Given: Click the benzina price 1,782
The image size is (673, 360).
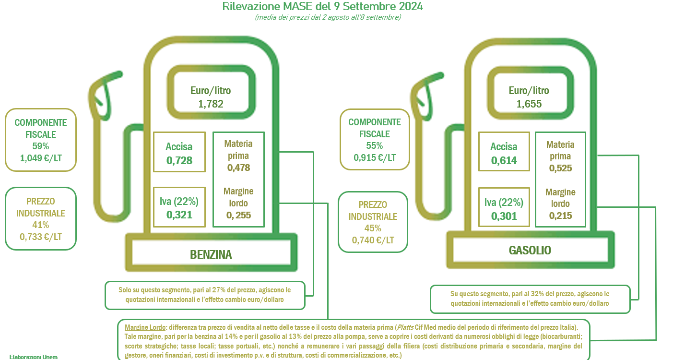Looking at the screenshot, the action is tap(211, 104).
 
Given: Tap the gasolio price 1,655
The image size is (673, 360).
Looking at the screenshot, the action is tap(529, 104).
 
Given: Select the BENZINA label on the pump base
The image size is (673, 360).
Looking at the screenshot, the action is tap(211, 255).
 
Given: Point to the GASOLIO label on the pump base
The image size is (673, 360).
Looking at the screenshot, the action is tap(530, 250).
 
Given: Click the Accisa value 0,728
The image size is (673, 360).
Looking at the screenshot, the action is tap(179, 161).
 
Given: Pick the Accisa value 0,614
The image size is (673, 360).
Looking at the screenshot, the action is tap(504, 161).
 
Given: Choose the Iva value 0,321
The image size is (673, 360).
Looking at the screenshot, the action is tap(179, 215).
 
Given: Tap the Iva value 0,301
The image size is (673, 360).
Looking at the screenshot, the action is tap(504, 216).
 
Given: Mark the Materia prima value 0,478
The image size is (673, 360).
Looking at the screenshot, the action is tap(238, 168).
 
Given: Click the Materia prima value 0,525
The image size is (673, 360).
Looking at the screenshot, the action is tap(560, 168).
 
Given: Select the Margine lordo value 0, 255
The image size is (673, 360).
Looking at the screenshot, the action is tap(238, 215).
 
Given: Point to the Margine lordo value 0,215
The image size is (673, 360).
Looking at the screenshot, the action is tap(560, 216).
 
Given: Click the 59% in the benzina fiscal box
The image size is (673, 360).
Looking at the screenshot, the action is tap(41, 146).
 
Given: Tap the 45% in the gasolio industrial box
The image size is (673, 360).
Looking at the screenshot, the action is tap(373, 228).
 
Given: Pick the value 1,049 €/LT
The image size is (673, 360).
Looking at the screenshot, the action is tap(41, 158).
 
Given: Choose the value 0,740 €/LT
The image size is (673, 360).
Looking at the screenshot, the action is tap(373, 240).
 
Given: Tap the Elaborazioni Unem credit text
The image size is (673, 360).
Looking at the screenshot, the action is tap(34, 357).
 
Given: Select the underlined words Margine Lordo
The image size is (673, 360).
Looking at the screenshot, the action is tap(145, 327).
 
